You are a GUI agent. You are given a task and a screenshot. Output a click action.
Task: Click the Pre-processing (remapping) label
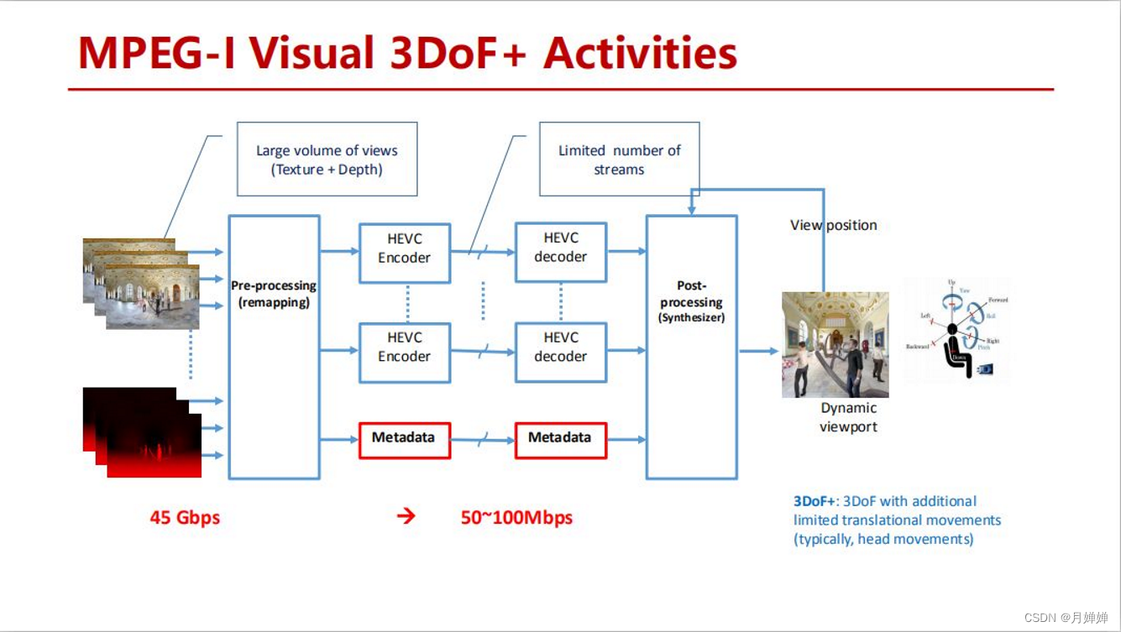[274, 294]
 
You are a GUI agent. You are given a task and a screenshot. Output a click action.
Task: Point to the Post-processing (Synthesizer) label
[691, 301]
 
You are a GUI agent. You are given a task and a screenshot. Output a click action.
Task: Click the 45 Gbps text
[185, 517]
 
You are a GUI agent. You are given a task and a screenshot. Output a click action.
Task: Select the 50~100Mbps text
[516, 517]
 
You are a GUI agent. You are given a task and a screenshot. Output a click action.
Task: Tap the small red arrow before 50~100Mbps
[406, 516]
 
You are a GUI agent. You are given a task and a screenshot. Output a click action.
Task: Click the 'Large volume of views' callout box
[327, 159]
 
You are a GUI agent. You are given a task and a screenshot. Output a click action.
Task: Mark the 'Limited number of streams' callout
[619, 159]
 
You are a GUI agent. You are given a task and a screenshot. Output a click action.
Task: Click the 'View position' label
[833, 225]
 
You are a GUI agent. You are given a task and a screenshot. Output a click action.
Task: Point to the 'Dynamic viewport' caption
[848, 417]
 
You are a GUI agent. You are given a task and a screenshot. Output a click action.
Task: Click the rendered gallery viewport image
[835, 345]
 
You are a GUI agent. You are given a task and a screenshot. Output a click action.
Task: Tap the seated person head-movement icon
[956, 332]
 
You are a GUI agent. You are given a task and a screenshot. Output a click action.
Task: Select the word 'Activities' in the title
[640, 53]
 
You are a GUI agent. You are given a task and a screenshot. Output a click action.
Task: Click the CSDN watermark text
[1066, 617]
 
